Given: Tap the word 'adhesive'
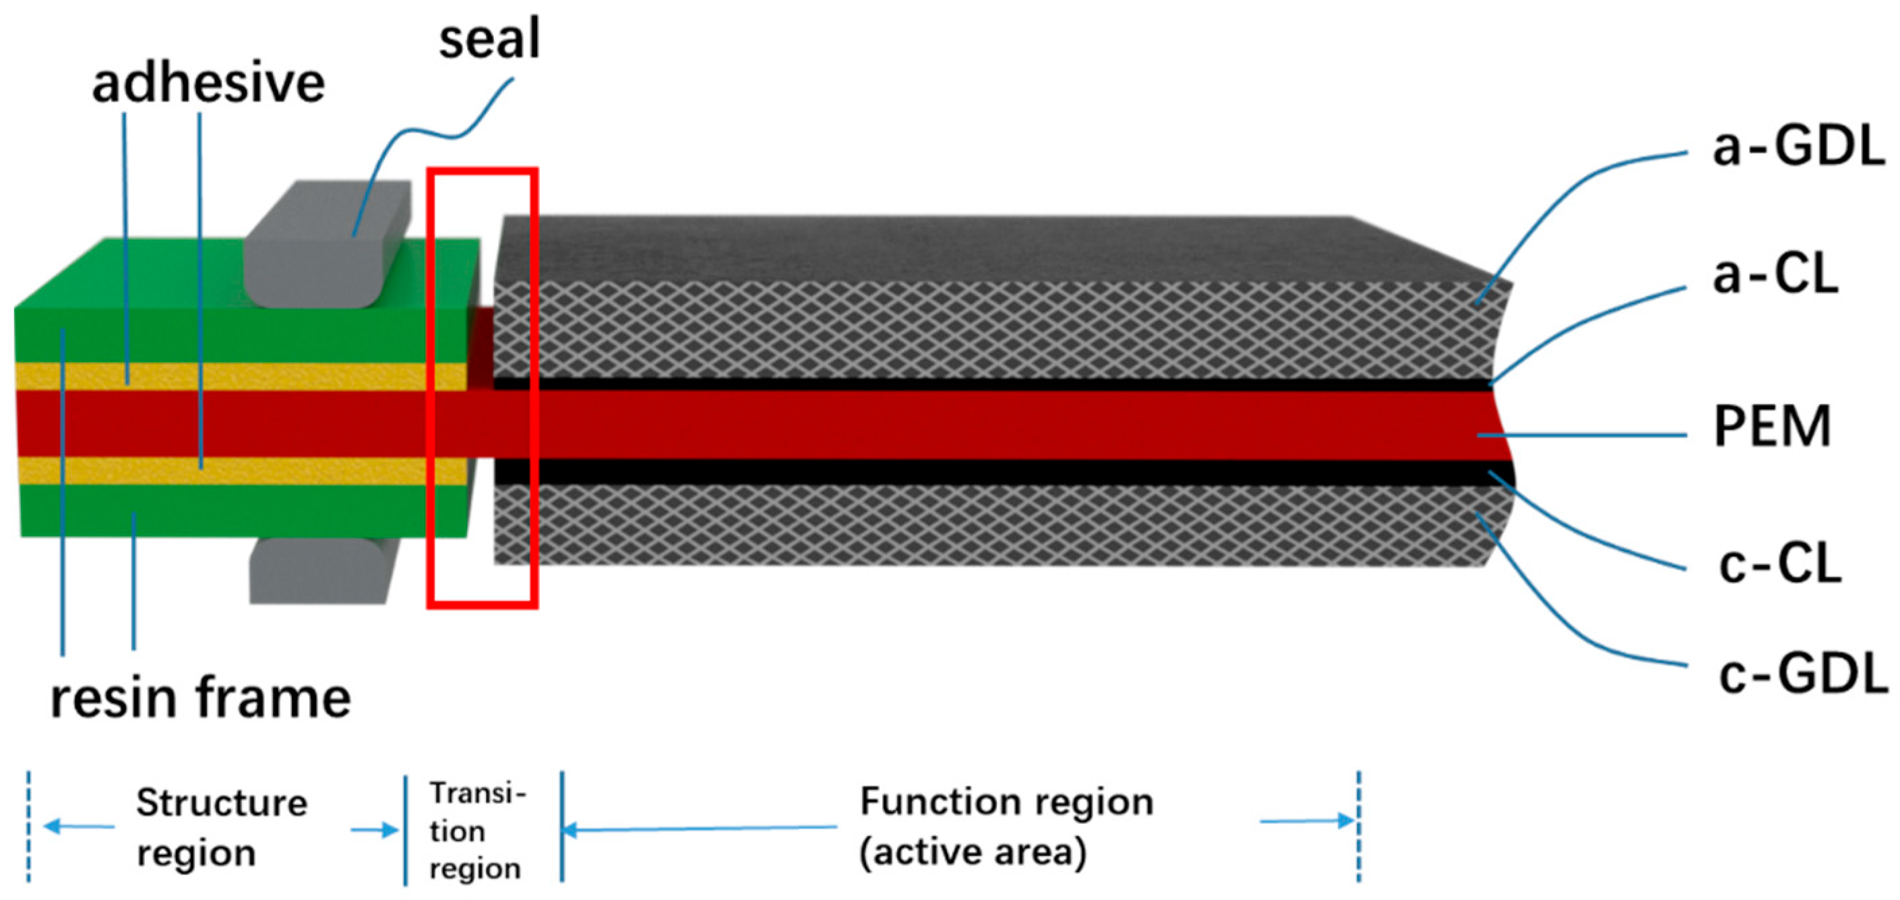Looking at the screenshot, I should (x=208, y=83).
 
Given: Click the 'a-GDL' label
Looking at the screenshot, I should (x=1798, y=148).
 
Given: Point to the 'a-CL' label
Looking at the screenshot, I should (x=1775, y=274).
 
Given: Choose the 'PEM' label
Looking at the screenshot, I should (x=1772, y=426).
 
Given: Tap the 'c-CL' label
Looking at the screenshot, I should (x=1780, y=564).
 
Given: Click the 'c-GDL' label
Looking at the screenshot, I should (x=1802, y=675).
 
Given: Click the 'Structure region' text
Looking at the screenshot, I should (x=221, y=827).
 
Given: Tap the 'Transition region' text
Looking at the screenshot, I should (x=477, y=831).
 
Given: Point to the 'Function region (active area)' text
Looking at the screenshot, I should (x=1006, y=827).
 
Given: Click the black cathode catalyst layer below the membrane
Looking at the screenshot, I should (x=959, y=472).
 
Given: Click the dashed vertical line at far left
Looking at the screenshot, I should (x=29, y=827).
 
